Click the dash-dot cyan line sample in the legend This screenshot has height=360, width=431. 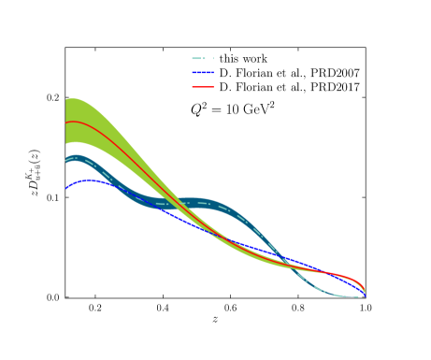[x=203, y=58]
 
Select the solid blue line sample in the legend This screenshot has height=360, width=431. [x=203, y=72]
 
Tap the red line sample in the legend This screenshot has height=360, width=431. [x=203, y=87]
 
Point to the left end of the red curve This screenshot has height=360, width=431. [x=66, y=122]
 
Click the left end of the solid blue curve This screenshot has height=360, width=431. [x=66, y=188]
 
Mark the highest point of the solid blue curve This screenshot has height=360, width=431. [x=89, y=180]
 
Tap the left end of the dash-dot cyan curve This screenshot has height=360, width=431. [x=66, y=160]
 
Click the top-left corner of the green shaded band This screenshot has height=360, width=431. [x=66, y=99]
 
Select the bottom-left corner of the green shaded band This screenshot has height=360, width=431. [x=66, y=143]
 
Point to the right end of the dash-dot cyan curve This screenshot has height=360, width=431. [x=358, y=296]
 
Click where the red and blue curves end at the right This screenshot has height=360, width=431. [x=365, y=293]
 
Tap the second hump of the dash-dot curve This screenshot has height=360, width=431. [x=194, y=201]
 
